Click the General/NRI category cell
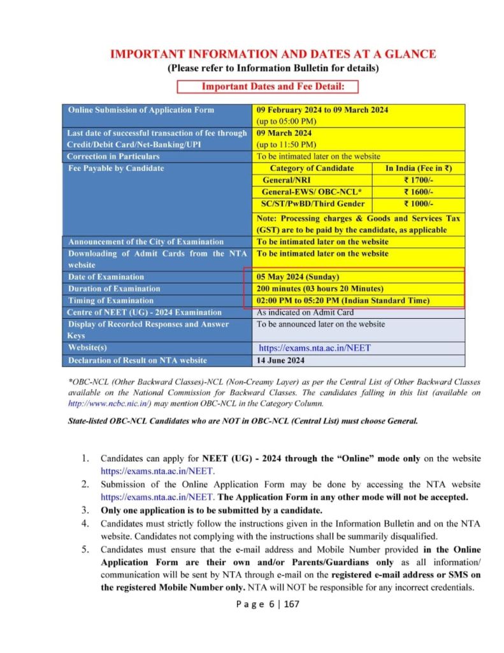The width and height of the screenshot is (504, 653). [312, 180]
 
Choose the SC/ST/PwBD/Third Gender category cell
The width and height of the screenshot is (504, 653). [312, 203]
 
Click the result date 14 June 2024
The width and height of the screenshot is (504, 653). [280, 360]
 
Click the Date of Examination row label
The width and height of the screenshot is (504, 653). [106, 277]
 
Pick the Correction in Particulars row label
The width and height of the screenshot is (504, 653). [113, 156]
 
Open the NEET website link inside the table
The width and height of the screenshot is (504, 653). [315, 348]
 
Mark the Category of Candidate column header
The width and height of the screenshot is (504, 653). [312, 168]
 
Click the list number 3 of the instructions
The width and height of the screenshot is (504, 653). [85, 510]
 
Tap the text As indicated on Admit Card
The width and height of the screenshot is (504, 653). [305, 312]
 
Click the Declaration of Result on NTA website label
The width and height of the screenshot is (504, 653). [137, 360]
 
